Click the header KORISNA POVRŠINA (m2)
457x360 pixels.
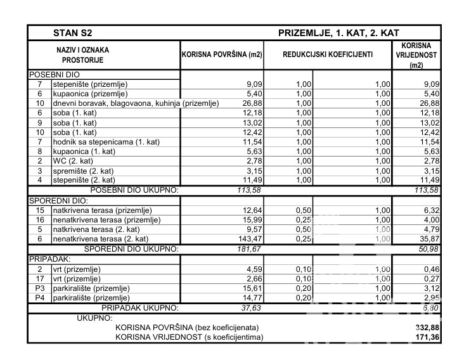pos(222,55)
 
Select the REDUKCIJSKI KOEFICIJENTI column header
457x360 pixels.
pos(328,55)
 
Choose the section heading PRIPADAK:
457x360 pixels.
pos(49,259)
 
